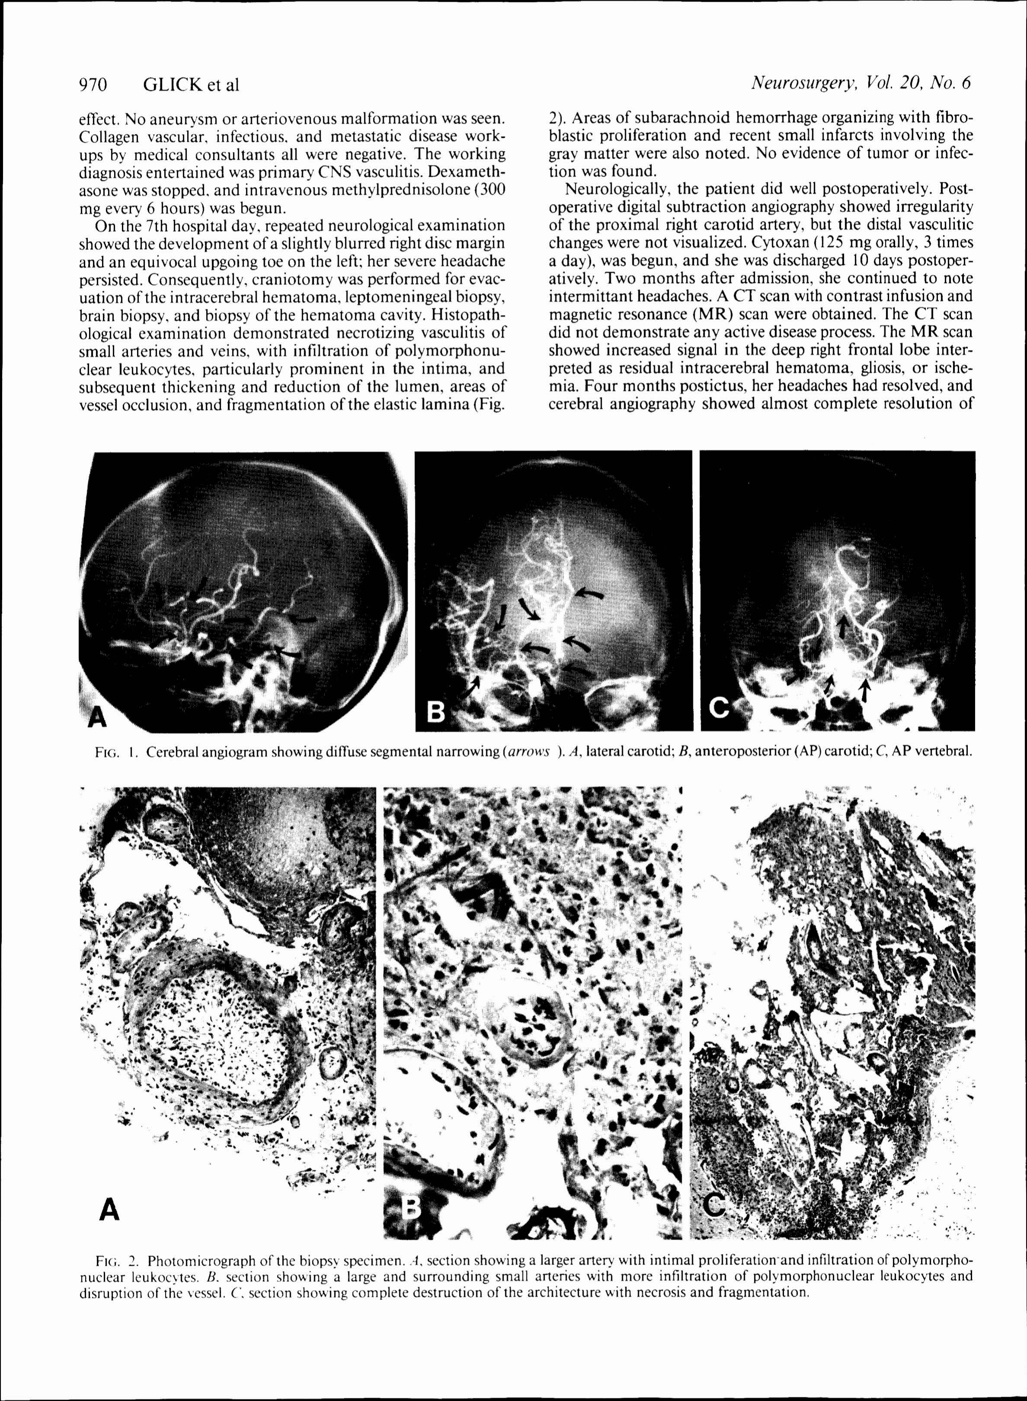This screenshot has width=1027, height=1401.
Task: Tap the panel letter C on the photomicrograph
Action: coord(715,1205)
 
